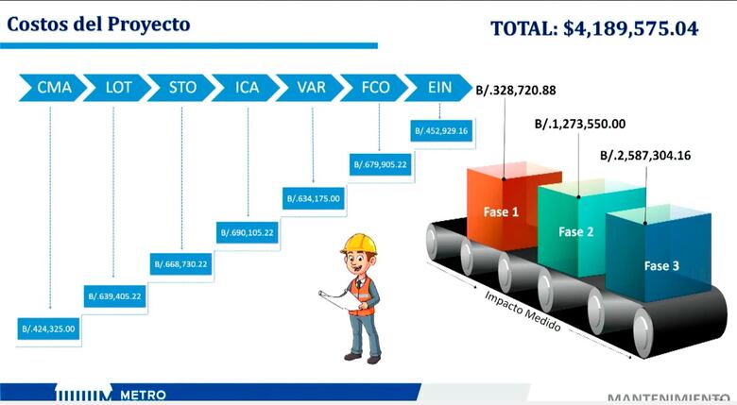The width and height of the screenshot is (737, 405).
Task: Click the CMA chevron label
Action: (x=54, y=88)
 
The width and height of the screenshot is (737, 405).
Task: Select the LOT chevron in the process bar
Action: (x=118, y=88)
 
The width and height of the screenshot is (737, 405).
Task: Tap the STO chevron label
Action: (x=182, y=88)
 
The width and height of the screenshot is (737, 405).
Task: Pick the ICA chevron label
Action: (x=247, y=88)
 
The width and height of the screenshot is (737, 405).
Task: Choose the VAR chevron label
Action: (x=311, y=88)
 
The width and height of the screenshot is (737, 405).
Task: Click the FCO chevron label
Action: (x=375, y=88)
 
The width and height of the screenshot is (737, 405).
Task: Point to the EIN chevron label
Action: (x=438, y=88)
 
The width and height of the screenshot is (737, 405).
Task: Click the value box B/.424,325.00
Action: (x=47, y=329)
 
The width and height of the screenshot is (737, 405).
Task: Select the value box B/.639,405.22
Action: (x=115, y=295)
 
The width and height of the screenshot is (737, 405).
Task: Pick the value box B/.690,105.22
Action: (x=248, y=231)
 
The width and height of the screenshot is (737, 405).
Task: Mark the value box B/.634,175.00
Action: (x=314, y=198)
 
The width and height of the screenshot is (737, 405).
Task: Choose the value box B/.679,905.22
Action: (x=380, y=164)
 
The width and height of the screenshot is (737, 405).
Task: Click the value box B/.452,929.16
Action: (x=440, y=131)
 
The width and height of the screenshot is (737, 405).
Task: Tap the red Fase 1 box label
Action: (x=502, y=212)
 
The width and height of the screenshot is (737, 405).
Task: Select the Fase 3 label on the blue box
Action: (x=661, y=266)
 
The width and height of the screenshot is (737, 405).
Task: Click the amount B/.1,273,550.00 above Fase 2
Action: (x=579, y=123)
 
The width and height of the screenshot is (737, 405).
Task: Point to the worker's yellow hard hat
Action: (x=359, y=244)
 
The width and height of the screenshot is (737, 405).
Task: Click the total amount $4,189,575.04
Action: (x=630, y=28)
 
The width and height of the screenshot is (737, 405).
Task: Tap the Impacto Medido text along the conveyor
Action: (x=523, y=311)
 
